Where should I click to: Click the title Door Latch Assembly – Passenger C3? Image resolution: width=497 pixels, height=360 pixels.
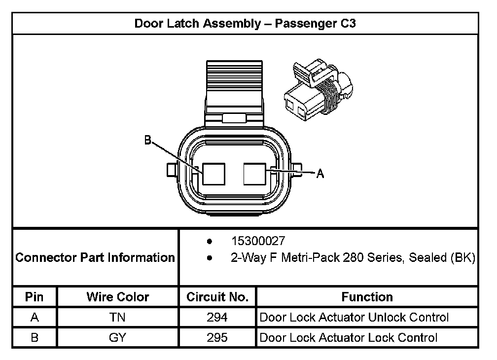[x=245, y=24]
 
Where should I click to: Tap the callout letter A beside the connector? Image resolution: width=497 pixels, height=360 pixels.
[x=320, y=174]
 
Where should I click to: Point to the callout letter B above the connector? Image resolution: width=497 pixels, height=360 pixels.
[x=147, y=141]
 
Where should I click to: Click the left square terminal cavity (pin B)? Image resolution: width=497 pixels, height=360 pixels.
[x=213, y=174]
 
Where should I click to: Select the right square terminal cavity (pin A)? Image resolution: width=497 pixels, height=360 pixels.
[x=256, y=174]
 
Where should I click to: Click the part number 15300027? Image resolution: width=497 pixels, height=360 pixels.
[x=258, y=241]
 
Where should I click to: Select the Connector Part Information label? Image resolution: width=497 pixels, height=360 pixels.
[x=95, y=257]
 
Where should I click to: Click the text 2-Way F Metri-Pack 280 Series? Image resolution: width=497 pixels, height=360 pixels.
[x=316, y=257]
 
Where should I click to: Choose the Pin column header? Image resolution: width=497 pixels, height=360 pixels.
[x=35, y=297]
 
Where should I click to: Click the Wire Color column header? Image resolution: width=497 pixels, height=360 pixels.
[x=117, y=297]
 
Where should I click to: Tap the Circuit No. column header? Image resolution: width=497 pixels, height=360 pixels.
[x=217, y=297]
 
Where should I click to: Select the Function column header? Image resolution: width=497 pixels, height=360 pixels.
[x=367, y=297]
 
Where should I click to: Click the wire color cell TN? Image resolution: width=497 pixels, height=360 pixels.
[x=117, y=318]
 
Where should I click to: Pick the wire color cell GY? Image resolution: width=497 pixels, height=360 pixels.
[x=117, y=338]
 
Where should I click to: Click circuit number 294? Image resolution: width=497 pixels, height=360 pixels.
[x=217, y=318]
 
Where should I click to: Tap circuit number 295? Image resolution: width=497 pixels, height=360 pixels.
[x=217, y=338]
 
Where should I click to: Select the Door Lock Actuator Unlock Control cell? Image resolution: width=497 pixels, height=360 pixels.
[x=354, y=318]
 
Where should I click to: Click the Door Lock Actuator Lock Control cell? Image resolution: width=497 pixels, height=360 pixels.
[x=348, y=338]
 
